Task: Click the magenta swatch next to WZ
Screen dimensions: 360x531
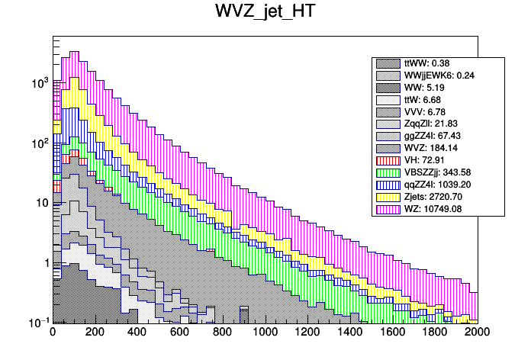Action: pyautogui.click(x=387, y=208)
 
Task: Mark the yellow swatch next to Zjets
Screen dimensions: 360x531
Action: pyautogui.click(x=387, y=196)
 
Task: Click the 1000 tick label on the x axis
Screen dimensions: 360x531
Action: pyautogui.click(x=265, y=333)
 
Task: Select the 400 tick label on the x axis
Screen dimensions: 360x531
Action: pyautogui.click(x=137, y=333)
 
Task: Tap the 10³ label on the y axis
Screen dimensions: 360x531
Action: pyautogui.click(x=38, y=82)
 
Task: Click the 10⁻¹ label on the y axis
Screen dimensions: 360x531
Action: pyautogui.click(x=37, y=323)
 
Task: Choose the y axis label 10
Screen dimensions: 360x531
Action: pyautogui.click(x=41, y=203)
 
